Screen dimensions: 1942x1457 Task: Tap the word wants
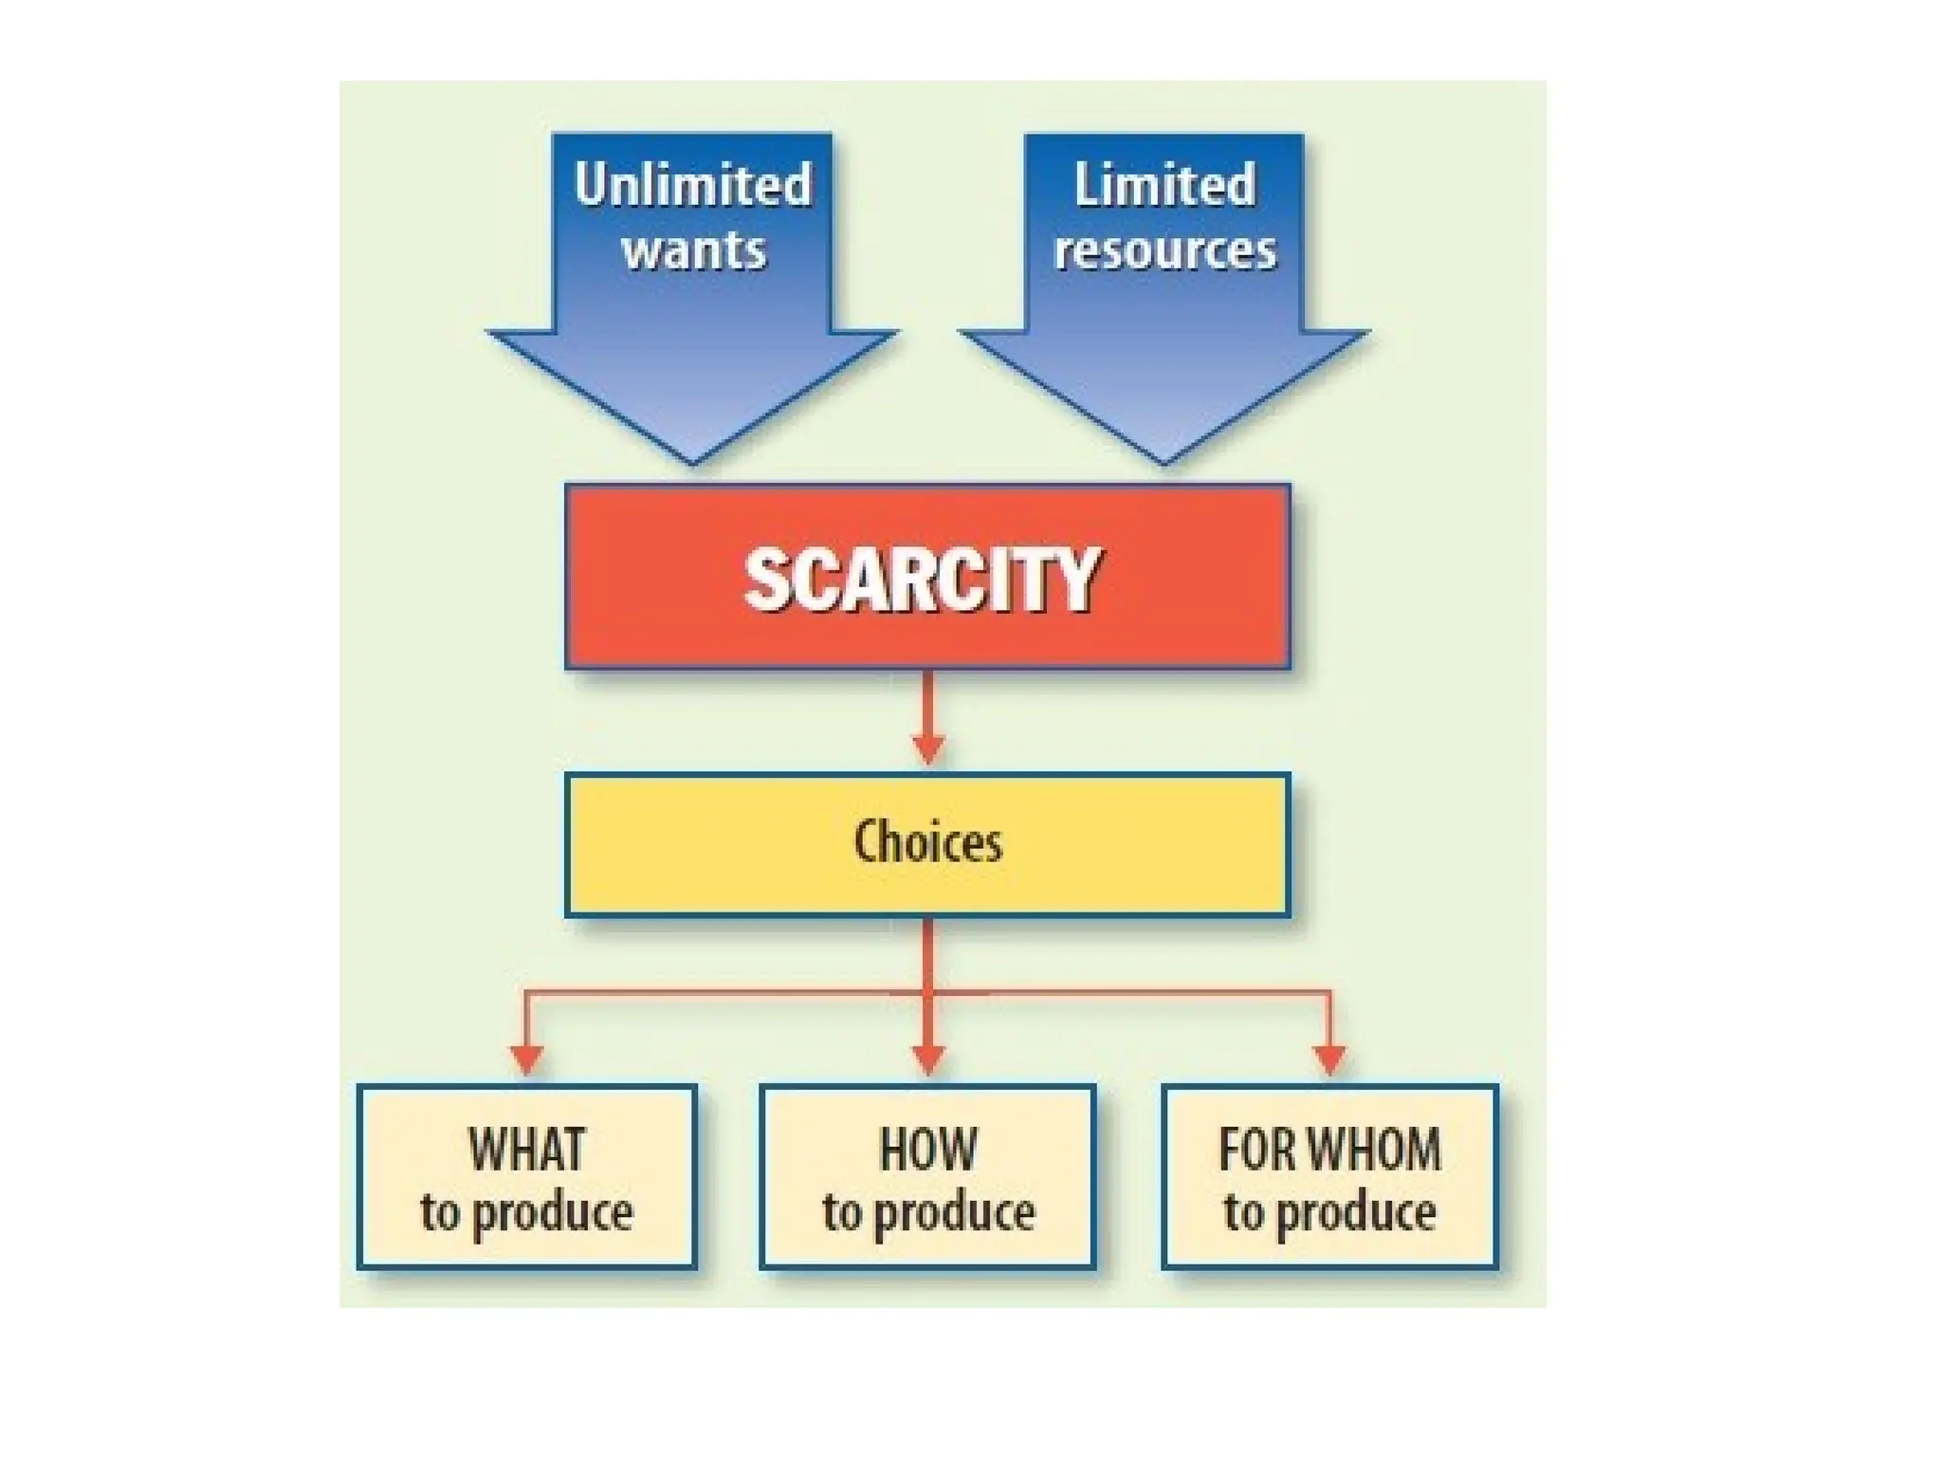point(693,250)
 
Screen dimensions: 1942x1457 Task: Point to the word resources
point(1165,250)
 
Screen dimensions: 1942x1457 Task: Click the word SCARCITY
point(923,580)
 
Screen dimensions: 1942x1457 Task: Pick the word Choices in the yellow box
point(927,842)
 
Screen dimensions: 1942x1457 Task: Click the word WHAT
point(527,1150)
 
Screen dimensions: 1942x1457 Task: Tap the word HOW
point(927,1150)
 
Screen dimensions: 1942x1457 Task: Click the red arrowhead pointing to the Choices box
point(927,749)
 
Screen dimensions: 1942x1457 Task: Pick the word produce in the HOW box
point(954,1214)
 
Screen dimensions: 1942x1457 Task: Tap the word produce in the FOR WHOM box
point(1356,1214)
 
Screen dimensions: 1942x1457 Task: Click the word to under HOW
point(842,1212)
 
